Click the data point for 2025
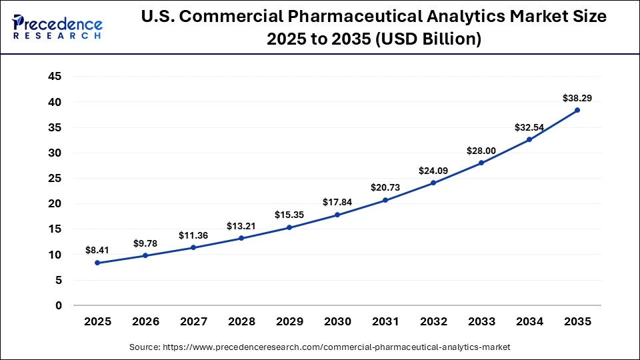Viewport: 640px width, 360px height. point(97,263)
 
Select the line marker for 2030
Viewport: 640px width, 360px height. point(337,215)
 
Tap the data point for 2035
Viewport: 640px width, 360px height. point(577,110)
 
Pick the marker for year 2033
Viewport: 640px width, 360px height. point(481,163)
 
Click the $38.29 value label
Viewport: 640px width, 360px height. point(577,98)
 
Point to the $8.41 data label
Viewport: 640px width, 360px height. point(97,251)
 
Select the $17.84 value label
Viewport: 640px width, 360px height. point(337,203)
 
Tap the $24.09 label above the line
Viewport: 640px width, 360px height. point(433,171)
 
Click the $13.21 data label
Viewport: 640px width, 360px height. point(241,226)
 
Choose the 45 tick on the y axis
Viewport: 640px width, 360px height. point(55,77)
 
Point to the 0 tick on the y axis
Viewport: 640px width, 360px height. point(58,305)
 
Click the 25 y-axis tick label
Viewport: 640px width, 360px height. point(55,178)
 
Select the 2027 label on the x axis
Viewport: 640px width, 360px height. point(193,321)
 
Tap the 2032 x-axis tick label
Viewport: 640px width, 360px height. point(433,321)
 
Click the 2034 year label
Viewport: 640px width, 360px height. point(529,321)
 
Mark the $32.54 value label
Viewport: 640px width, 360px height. point(529,127)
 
